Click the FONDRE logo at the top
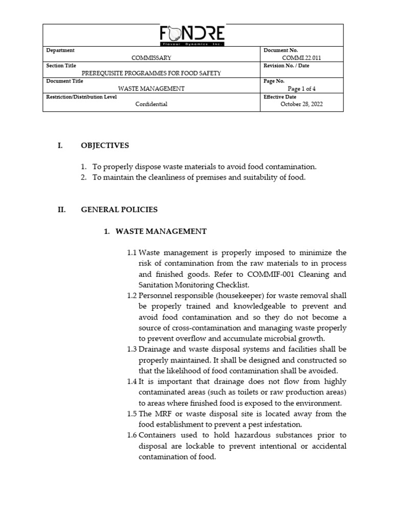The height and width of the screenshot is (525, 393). point(192,35)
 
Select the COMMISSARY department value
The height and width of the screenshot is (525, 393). point(151,58)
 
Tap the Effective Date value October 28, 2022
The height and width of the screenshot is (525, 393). point(301,104)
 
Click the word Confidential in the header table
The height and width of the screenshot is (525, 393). point(151,104)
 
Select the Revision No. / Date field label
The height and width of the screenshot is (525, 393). point(286,66)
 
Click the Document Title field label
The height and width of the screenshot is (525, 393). point(64,81)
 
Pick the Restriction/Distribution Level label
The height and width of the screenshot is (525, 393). point(81,96)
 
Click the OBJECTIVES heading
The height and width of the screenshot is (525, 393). point(104,146)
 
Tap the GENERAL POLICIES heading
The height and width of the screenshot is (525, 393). point(119,210)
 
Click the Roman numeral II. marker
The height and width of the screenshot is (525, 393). point(61,210)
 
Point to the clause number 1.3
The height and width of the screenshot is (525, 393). point(132,349)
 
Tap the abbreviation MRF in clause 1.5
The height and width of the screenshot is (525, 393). point(161,414)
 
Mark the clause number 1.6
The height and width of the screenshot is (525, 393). point(132,435)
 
